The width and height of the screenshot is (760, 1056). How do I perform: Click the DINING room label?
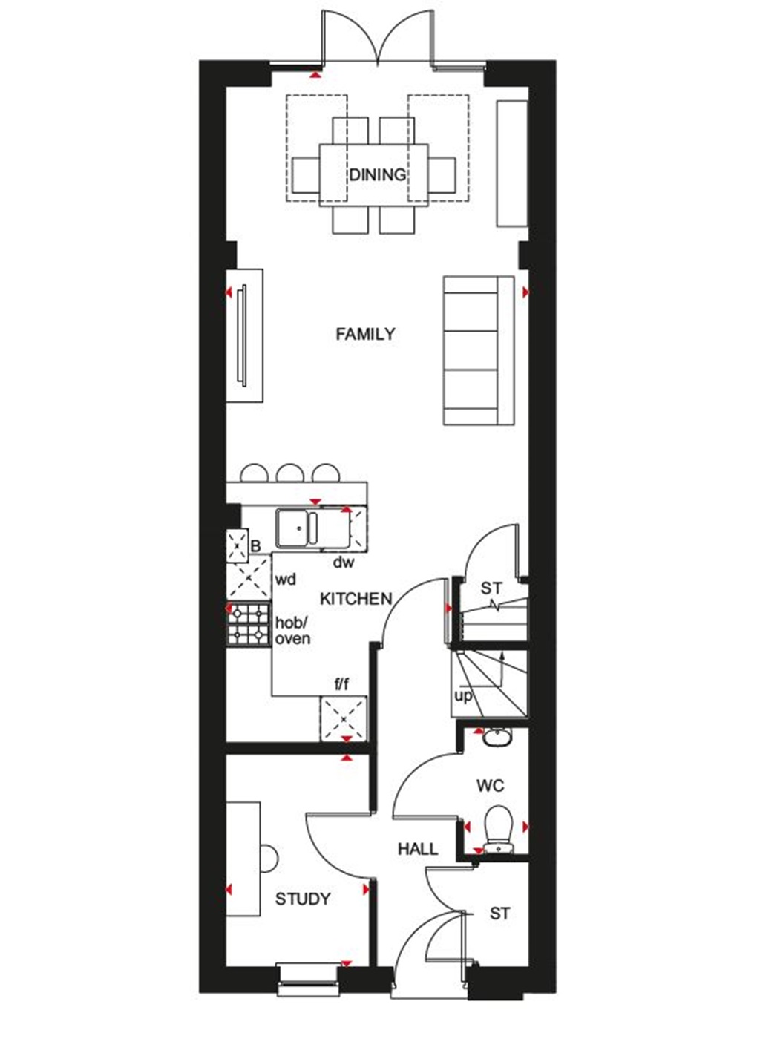point(378,174)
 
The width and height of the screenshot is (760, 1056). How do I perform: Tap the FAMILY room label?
point(365,334)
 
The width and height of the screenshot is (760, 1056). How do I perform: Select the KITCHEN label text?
point(356,599)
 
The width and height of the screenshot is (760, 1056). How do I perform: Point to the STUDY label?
point(303,899)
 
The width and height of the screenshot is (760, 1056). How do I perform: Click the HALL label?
point(418,849)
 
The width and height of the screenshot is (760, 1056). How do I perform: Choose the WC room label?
point(491,785)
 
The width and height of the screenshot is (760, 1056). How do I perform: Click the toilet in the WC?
point(496,830)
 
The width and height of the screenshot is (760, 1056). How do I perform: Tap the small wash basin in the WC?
point(495,738)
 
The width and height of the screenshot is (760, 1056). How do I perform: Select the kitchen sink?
point(297,528)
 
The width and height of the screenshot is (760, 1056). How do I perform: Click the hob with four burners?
point(249,624)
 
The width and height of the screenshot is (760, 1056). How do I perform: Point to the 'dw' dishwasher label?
point(343,563)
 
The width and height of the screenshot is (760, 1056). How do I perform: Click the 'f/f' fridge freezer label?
point(341,685)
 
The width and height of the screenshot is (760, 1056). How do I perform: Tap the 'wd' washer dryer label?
point(286,579)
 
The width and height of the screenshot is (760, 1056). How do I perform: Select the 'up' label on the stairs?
point(463,696)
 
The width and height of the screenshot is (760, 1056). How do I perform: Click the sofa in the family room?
point(479,350)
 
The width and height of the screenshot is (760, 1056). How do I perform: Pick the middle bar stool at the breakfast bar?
point(289,473)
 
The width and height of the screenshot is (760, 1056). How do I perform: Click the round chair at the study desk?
point(269,859)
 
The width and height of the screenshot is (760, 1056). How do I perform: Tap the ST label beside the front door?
point(499,914)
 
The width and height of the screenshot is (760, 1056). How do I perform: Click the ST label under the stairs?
point(491,588)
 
